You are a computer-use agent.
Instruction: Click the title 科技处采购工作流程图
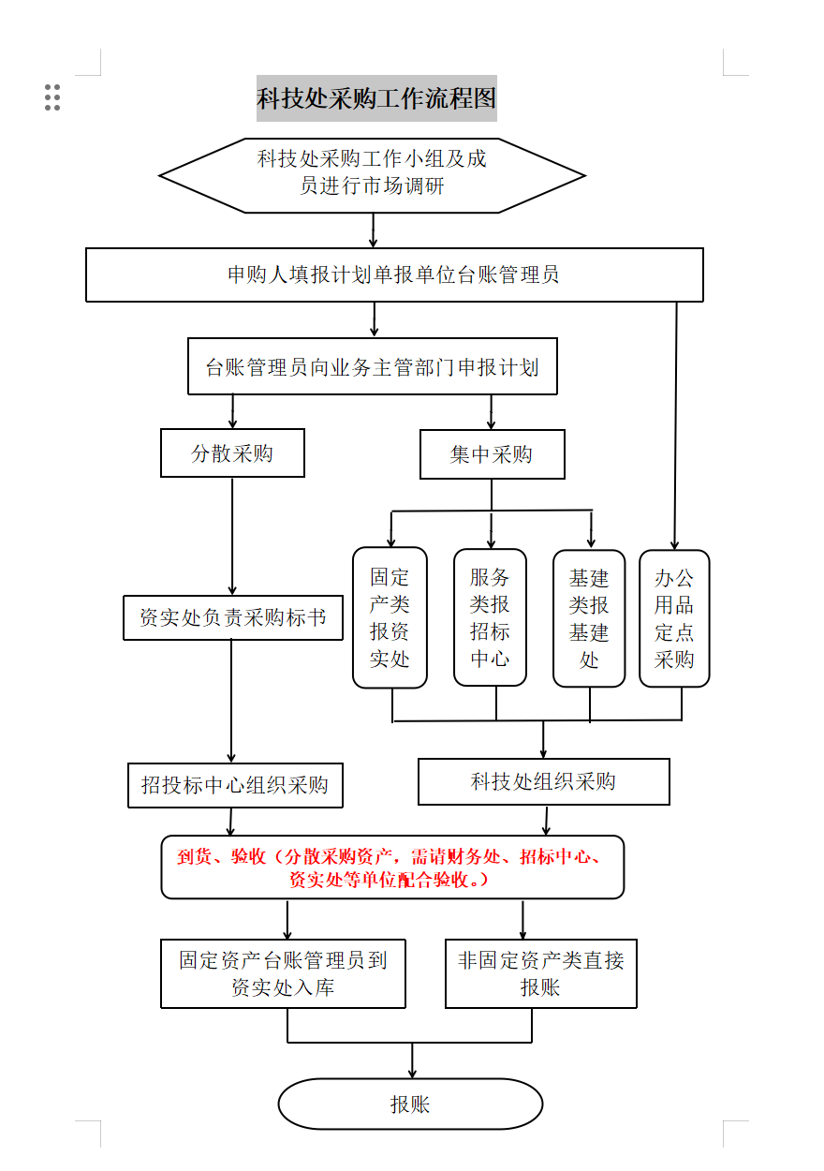click(376, 98)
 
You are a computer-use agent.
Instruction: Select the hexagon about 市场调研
click(372, 176)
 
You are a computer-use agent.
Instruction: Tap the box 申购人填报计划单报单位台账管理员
click(394, 275)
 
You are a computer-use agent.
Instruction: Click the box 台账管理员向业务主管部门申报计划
click(373, 366)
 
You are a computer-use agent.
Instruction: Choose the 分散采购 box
click(232, 453)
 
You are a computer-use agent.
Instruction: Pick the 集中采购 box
click(493, 454)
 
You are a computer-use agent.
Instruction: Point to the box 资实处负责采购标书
click(233, 617)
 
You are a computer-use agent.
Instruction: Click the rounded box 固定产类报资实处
click(390, 617)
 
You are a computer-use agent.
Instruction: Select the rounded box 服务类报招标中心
click(490, 617)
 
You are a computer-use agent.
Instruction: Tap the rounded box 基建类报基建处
click(589, 618)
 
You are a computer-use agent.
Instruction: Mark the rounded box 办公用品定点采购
click(674, 618)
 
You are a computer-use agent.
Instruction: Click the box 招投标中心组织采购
click(235, 785)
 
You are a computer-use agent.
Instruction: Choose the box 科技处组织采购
click(544, 781)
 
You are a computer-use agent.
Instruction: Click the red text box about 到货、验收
click(392, 867)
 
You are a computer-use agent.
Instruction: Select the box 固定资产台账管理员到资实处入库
click(283, 973)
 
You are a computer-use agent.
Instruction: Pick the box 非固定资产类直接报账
click(541, 973)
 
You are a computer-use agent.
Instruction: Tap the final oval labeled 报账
click(411, 1104)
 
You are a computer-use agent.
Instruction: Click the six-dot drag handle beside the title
click(52, 97)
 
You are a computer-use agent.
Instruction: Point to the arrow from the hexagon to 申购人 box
click(373, 230)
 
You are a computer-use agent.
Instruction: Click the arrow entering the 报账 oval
click(412, 1060)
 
